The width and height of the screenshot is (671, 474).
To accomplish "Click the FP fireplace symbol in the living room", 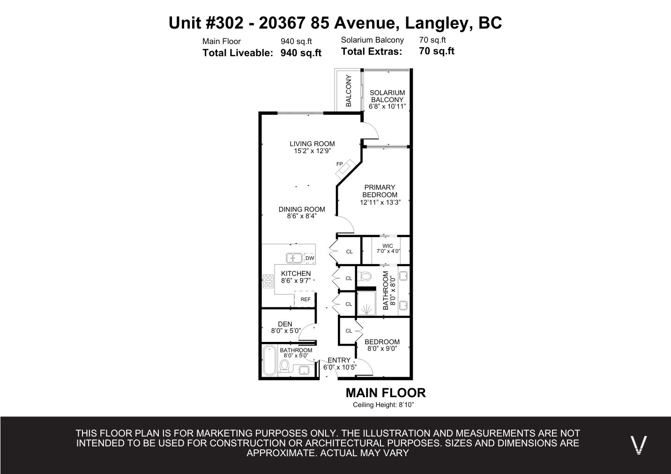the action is coord(345,169).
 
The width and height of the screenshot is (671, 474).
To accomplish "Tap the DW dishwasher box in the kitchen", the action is coord(309,258).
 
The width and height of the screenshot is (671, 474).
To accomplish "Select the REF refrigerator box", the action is coord(305,299).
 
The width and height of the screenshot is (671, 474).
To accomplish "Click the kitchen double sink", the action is coord(294,258).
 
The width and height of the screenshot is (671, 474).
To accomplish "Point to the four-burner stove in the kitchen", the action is coord(268,281).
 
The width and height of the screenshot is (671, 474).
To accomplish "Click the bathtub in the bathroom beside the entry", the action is coord(269,360).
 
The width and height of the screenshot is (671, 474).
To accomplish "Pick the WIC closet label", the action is coord(388,246).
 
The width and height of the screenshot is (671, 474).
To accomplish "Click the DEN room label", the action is coord(285,324).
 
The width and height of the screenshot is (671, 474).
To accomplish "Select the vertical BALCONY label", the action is coord(348,91).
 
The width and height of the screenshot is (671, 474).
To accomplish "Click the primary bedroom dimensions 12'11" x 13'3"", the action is coord(380,202).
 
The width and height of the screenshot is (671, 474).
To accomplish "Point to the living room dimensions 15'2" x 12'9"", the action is coord(312,151).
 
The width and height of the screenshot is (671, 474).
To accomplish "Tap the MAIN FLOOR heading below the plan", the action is coord(386,393).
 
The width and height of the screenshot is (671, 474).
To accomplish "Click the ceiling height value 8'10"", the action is coord(406,405).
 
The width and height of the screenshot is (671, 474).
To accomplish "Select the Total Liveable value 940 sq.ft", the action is coord(301,53).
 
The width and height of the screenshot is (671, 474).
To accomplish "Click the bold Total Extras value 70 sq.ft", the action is coord(437,51).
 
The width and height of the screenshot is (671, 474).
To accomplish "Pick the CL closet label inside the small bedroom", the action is coord(349,331).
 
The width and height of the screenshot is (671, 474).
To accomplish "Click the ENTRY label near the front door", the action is coord(339,360).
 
